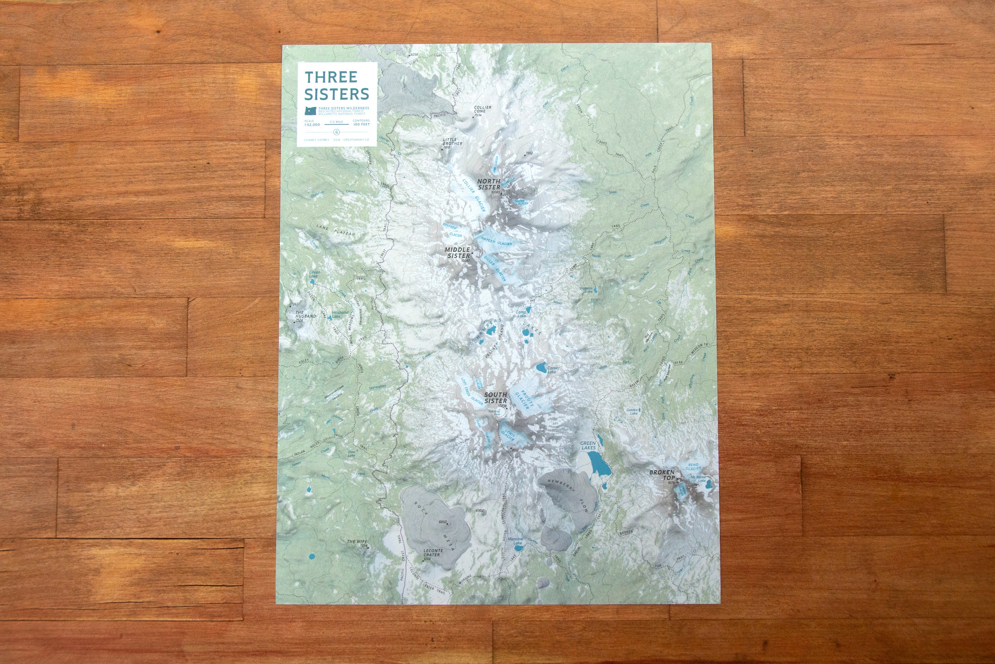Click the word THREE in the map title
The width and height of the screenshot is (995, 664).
[331, 77]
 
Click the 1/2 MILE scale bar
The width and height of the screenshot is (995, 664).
[336, 124]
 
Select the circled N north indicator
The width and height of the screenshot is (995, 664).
[337, 131]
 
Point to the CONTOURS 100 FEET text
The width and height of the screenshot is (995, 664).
[361, 123]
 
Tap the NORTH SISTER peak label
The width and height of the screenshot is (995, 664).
[489, 184]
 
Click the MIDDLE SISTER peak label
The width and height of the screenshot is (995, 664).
[457, 253]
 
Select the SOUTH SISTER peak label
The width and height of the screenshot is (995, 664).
[495, 397]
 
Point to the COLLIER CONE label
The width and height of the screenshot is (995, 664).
[483, 109]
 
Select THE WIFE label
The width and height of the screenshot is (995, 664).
[357, 542]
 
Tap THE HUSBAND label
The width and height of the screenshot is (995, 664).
[305, 314]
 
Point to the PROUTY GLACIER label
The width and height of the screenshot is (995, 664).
[524, 399]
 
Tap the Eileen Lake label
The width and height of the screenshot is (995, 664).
[314, 274]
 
